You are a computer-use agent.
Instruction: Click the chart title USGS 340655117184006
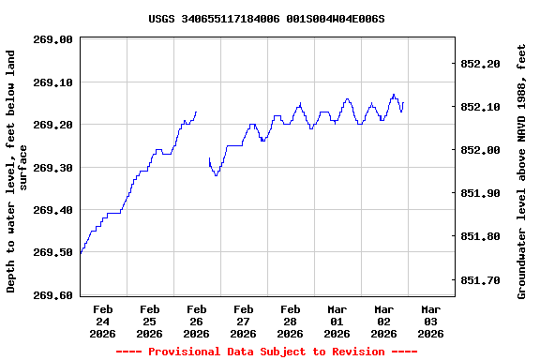(x=266, y=19)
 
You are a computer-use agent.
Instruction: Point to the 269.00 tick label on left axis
(x=52, y=39)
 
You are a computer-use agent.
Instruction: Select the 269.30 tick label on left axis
(x=52, y=168)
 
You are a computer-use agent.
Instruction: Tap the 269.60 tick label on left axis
(x=52, y=295)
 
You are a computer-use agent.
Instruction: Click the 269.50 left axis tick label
(x=52, y=252)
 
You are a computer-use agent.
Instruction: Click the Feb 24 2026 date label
(x=103, y=321)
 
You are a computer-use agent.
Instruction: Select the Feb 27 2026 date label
(x=244, y=321)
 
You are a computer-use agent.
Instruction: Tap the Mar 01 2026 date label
(x=337, y=321)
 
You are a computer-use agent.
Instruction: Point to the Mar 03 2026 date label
(x=431, y=321)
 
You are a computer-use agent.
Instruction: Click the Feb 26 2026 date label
(x=197, y=321)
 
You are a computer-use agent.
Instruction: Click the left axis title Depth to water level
(x=17, y=172)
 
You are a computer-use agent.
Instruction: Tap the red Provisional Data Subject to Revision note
(x=266, y=352)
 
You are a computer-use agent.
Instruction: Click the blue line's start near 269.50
(x=81, y=254)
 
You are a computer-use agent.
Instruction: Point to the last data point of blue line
(x=403, y=103)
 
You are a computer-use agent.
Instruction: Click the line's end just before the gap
(x=196, y=112)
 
